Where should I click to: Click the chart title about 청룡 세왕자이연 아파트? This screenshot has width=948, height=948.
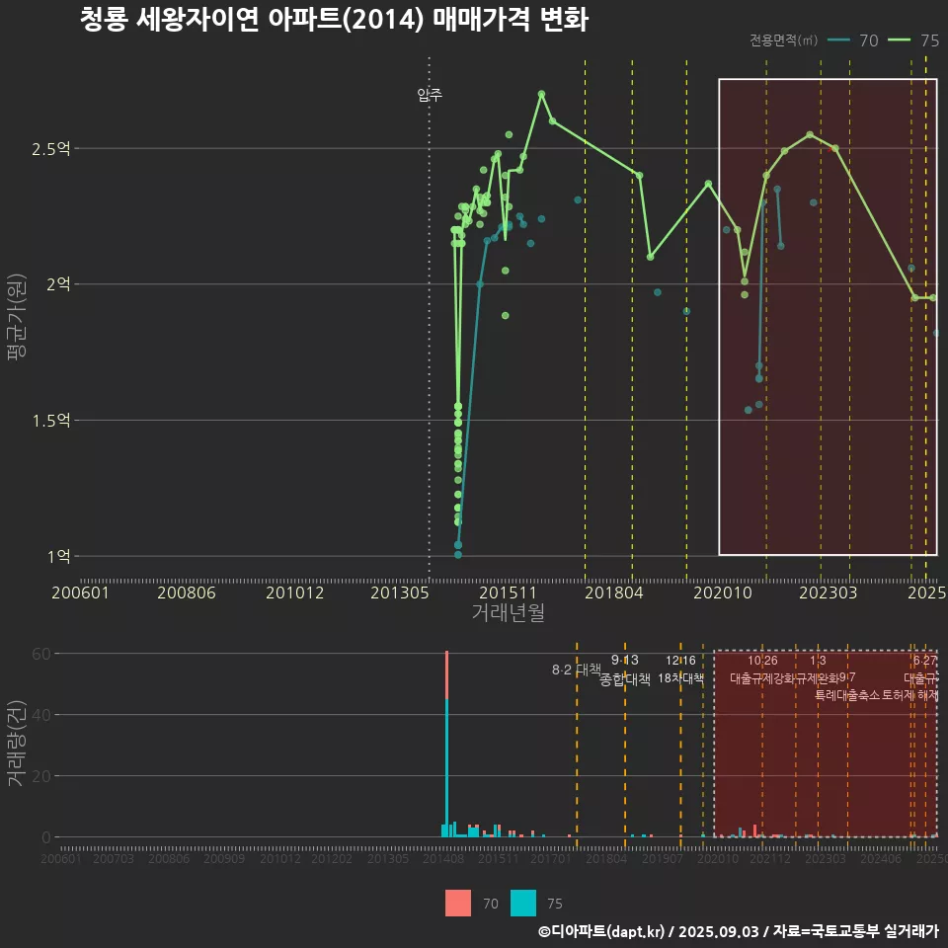pyautogui.click(x=334, y=20)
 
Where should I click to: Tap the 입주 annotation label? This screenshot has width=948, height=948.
pyautogui.click(x=430, y=95)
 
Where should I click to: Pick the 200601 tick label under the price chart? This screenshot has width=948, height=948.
pyautogui.click(x=80, y=592)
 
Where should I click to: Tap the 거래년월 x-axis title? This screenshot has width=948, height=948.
pyautogui.click(x=508, y=613)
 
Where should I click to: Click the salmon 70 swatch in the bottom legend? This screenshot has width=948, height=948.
pyautogui.click(x=458, y=904)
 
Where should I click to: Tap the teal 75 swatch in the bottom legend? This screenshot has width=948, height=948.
pyautogui.click(x=523, y=904)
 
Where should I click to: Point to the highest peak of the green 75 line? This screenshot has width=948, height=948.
pyautogui.click(x=541, y=94)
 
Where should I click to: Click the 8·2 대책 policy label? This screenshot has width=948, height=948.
pyautogui.click(x=576, y=670)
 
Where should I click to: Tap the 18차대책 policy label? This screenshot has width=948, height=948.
pyautogui.click(x=680, y=678)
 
